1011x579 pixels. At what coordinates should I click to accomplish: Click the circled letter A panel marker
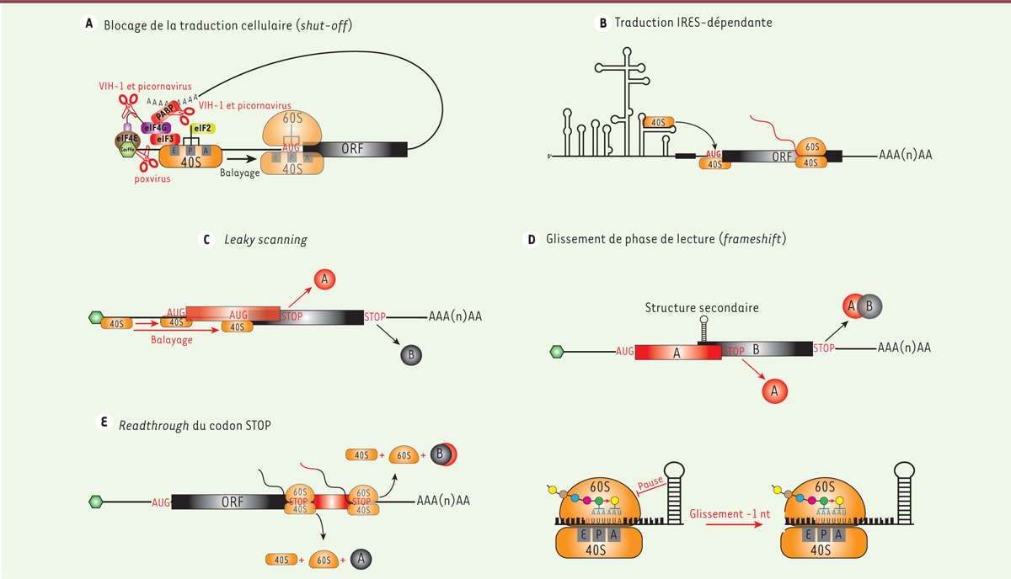(x=88, y=24)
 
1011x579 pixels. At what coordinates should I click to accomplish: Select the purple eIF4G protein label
(x=154, y=127)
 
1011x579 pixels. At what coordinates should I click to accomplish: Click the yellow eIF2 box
(x=202, y=128)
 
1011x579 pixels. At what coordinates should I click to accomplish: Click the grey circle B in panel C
(x=412, y=354)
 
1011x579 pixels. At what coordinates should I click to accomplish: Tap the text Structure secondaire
(x=702, y=308)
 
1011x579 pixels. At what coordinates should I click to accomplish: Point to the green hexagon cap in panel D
(x=556, y=351)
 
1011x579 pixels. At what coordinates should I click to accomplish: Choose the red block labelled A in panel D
(x=677, y=353)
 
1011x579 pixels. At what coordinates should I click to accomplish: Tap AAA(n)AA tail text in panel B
(x=905, y=156)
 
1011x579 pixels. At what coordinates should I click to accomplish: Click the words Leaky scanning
(x=265, y=240)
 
